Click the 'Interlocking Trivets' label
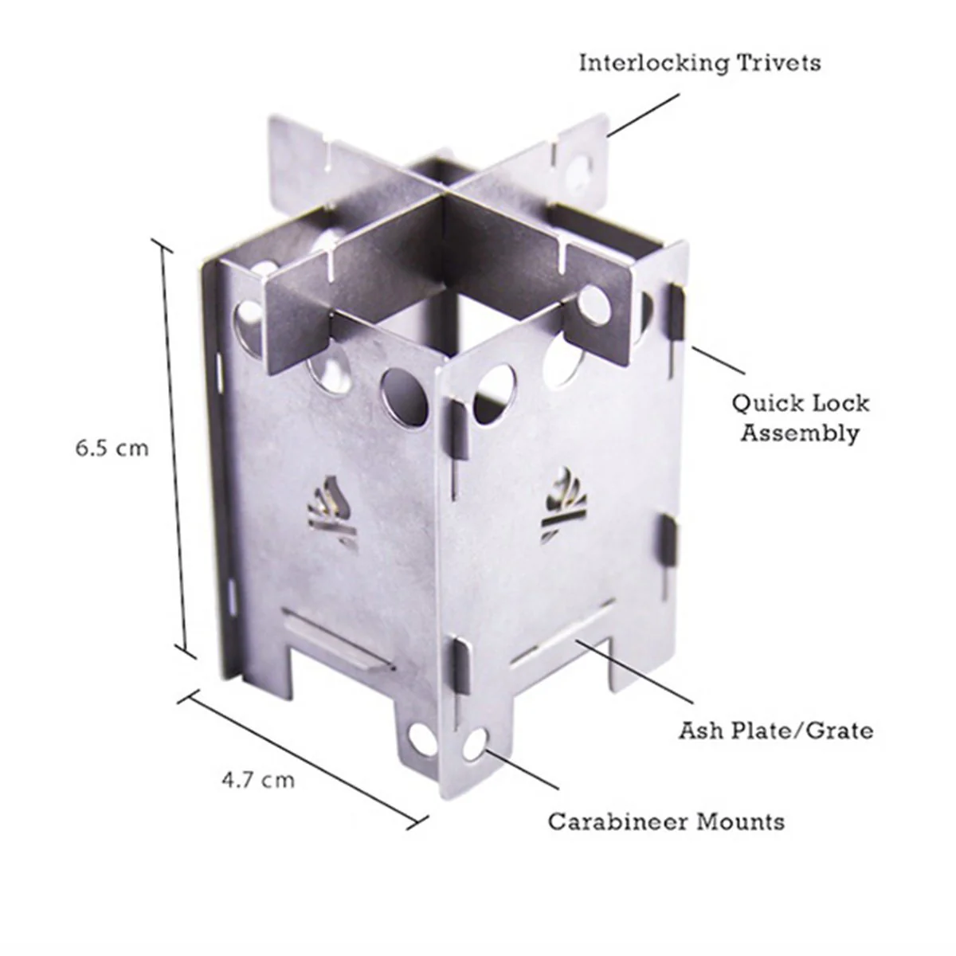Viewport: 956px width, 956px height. click(699, 63)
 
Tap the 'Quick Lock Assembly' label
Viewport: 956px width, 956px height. click(800, 417)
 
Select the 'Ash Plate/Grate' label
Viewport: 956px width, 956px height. click(775, 730)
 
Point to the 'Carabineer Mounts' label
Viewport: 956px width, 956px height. click(665, 821)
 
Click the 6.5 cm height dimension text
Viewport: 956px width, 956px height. click(112, 448)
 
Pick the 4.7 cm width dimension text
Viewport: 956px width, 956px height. click(257, 779)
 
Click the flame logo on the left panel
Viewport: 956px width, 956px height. click(331, 511)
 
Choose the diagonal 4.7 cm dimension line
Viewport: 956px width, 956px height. click(303, 757)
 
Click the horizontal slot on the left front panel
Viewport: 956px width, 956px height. click(338, 638)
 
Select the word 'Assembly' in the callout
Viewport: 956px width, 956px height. click(800, 433)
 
